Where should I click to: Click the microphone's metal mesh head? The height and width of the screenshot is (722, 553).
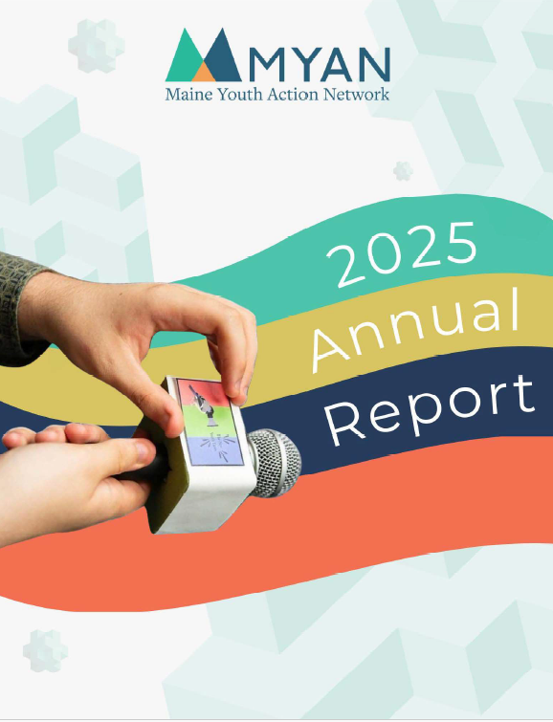(274, 461)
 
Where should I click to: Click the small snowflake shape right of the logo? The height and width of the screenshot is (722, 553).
(403, 171)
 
